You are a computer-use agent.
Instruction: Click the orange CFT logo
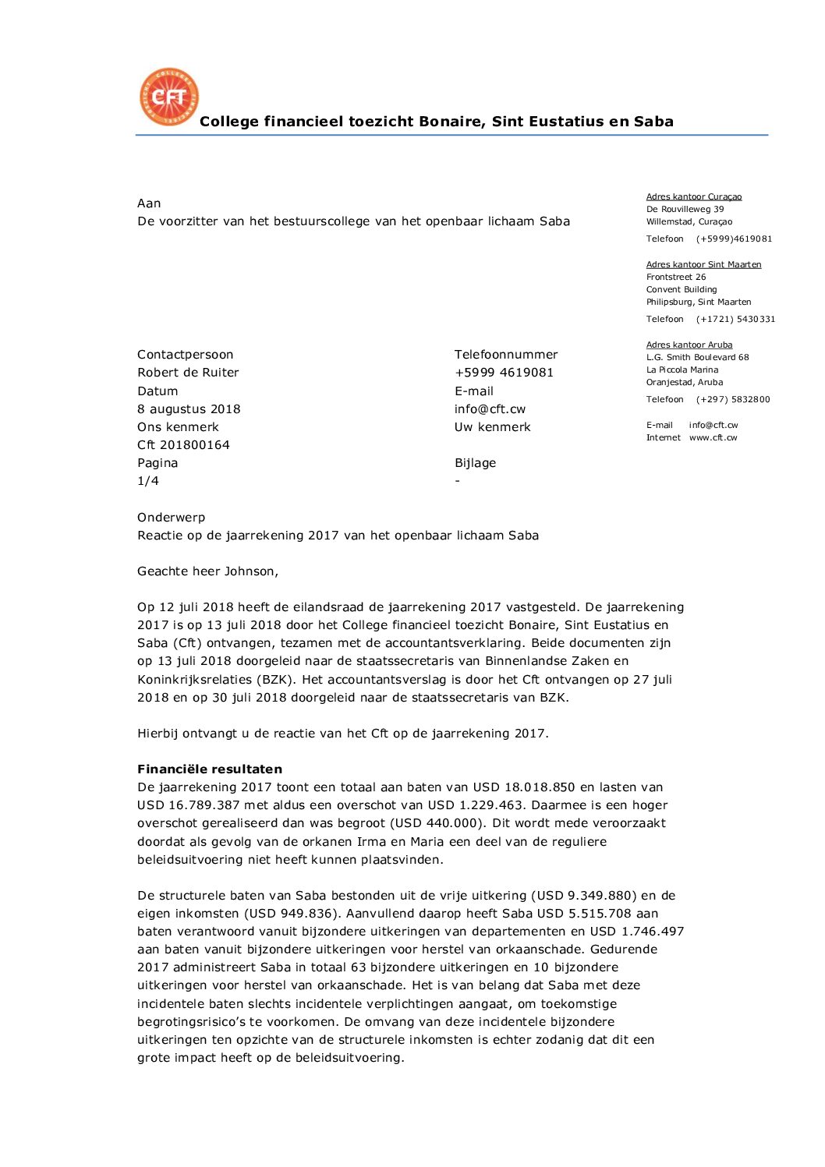pyautogui.click(x=168, y=97)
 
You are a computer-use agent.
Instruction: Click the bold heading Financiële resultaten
pyautogui.click(x=210, y=769)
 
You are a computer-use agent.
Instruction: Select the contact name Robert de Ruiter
pyautogui.click(x=188, y=373)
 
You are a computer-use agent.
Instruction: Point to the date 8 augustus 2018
pyautogui.click(x=189, y=408)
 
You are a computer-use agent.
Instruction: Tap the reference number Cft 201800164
pyautogui.click(x=183, y=444)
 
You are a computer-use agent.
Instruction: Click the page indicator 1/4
pyautogui.click(x=148, y=481)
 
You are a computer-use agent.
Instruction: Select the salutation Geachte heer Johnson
pyautogui.click(x=207, y=571)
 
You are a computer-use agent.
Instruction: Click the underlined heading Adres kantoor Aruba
pyautogui.click(x=689, y=345)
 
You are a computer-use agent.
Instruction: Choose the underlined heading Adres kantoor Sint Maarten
pyautogui.click(x=703, y=264)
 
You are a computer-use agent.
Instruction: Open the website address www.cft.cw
pyautogui.click(x=713, y=437)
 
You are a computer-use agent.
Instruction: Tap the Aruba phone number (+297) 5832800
pyautogui.click(x=733, y=399)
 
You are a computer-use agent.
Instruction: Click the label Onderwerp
pyautogui.click(x=171, y=518)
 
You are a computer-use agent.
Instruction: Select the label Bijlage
pyautogui.click(x=475, y=463)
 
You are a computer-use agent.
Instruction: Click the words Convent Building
pyautogui.click(x=681, y=289)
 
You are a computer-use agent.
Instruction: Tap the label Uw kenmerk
pyautogui.click(x=492, y=427)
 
